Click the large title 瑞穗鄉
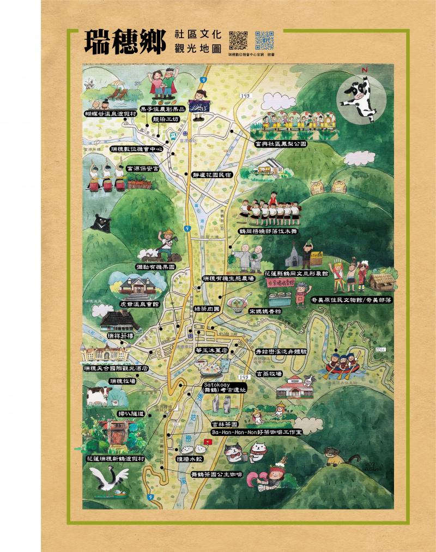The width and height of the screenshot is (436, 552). (124, 43)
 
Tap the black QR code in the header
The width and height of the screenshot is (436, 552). (238, 39)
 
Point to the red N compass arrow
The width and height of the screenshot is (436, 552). (365, 71)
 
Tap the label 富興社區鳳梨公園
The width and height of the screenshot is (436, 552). (281, 144)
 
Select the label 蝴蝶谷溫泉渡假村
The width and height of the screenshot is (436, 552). (110, 114)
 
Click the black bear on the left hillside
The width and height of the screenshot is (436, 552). (101, 222)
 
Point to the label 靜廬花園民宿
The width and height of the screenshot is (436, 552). (212, 175)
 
